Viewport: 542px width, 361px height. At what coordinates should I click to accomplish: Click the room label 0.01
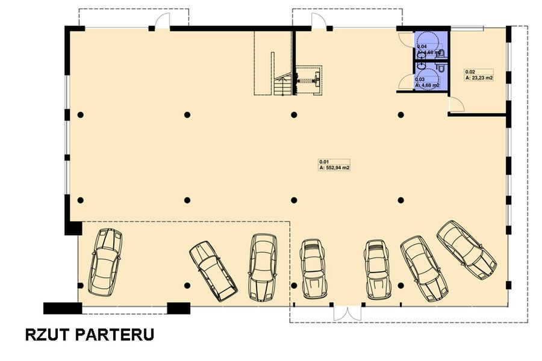click(x=323, y=161)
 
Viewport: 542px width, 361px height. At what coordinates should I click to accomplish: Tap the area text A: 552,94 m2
click(x=334, y=168)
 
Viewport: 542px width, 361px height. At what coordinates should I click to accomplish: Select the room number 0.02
click(x=469, y=72)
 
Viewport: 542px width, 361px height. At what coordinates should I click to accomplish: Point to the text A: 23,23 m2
click(x=479, y=78)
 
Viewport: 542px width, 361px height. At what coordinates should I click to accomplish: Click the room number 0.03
click(x=420, y=79)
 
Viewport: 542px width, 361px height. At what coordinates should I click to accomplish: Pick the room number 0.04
click(x=422, y=46)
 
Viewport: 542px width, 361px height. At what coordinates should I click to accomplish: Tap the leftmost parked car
click(x=107, y=261)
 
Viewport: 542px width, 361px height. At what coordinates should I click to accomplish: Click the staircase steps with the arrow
click(x=282, y=86)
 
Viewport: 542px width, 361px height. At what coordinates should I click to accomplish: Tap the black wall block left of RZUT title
click(x=62, y=308)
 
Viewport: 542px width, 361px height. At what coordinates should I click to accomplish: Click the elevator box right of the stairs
click(x=310, y=80)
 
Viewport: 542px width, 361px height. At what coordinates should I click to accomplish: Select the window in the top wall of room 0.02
click(x=467, y=28)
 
